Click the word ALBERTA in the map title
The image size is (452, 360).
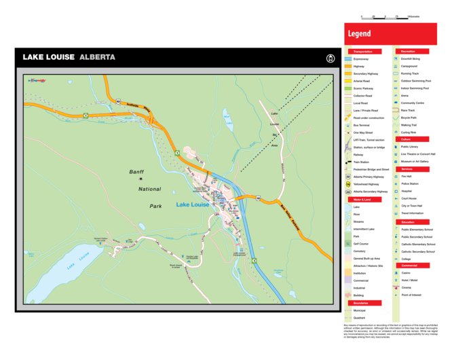click(97, 57)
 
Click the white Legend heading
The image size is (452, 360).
click(359, 33)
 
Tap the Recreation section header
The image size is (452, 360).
click(409, 52)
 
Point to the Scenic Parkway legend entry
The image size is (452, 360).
click(363, 88)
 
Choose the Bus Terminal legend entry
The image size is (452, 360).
click(362, 125)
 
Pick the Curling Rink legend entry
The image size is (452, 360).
click(409, 132)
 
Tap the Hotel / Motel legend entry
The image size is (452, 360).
click(409, 280)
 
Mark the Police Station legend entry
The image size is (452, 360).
click(409, 183)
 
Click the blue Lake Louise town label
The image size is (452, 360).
click(193, 204)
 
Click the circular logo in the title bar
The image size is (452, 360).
click(331, 58)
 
